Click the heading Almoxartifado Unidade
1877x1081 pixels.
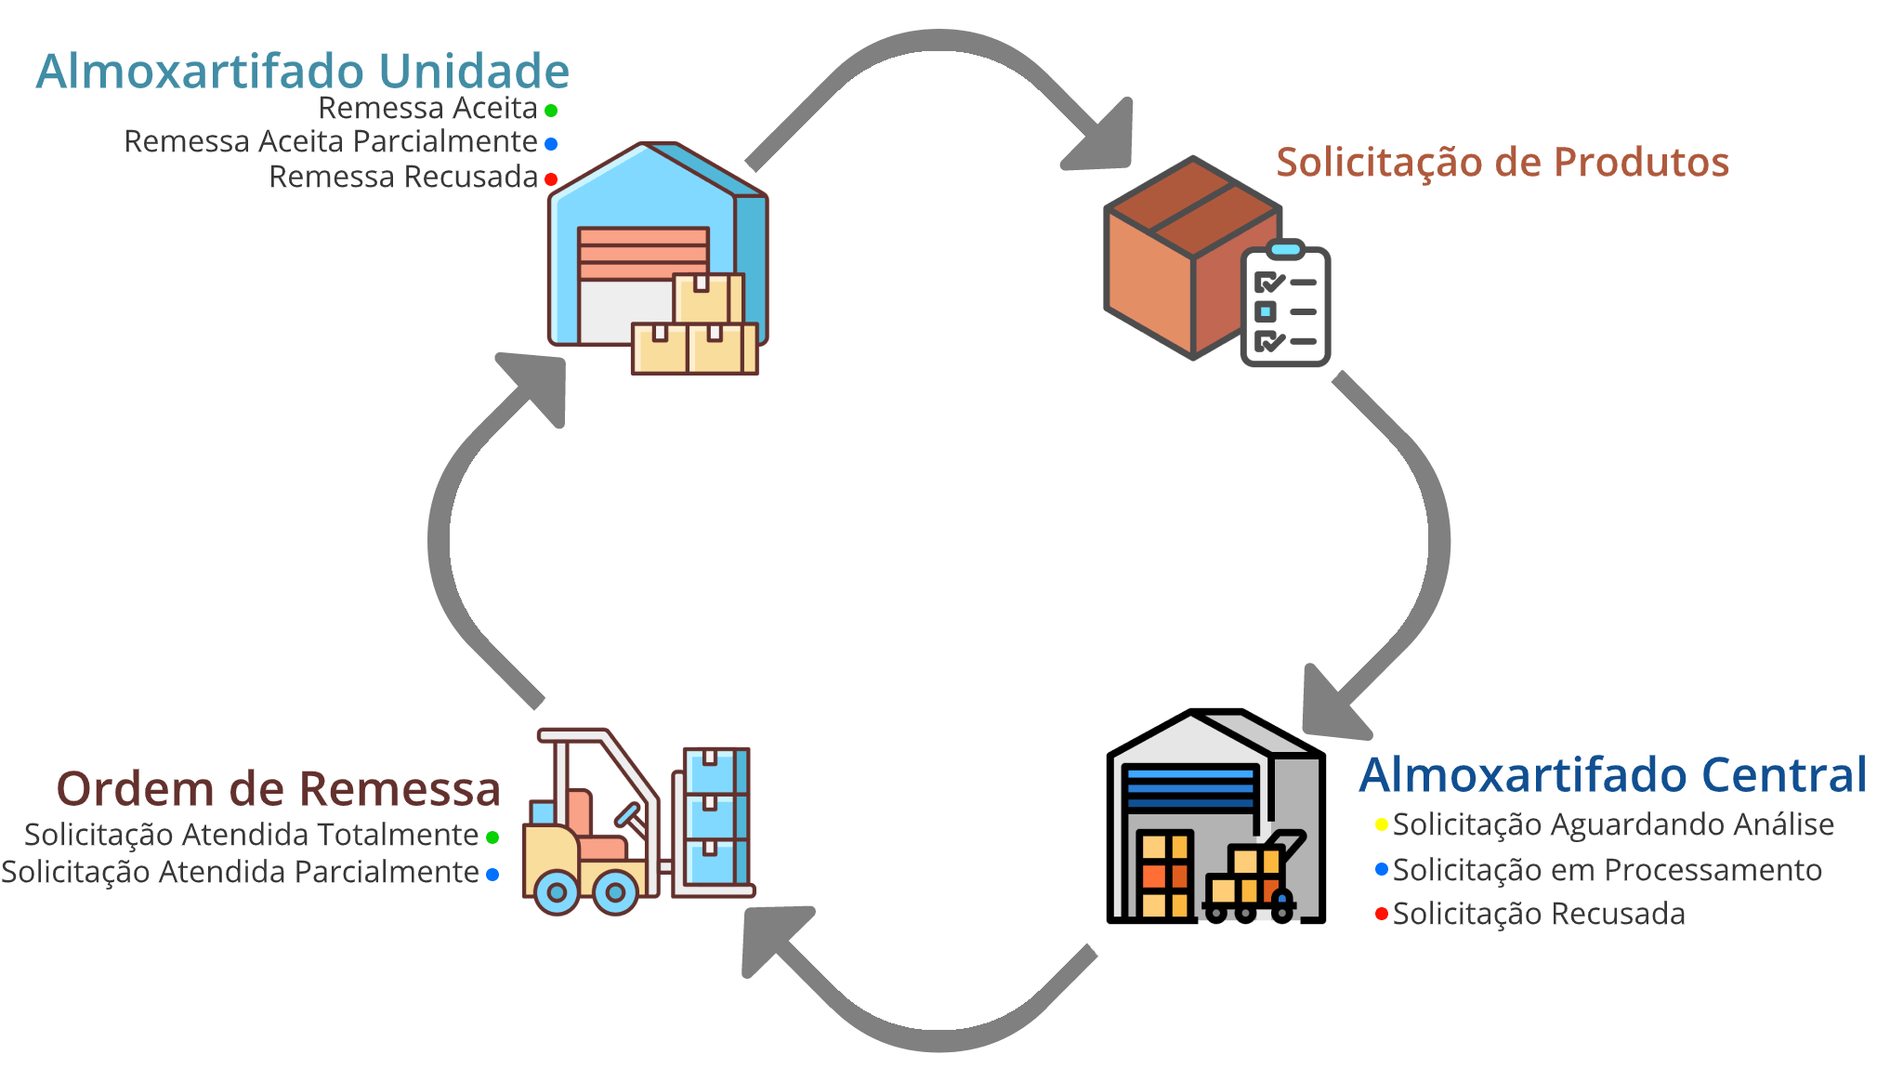(302, 72)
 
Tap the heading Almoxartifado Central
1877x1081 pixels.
(1612, 775)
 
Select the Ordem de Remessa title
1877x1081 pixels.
(279, 789)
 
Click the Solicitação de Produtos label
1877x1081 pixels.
(1502, 162)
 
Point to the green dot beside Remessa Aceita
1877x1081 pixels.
(551, 111)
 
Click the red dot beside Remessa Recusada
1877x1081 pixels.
(551, 178)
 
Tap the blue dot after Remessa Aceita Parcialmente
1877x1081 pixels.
(551, 144)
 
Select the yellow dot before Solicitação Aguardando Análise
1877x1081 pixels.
(1382, 824)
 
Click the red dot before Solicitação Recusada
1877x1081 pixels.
(1382, 915)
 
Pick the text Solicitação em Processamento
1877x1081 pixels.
(1607, 870)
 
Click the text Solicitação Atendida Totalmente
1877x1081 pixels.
(251, 835)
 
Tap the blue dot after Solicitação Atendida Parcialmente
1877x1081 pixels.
(492, 875)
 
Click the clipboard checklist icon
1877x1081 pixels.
(1286, 306)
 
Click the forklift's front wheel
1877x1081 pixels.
(614, 892)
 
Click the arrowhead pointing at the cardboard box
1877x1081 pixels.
(1106, 139)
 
